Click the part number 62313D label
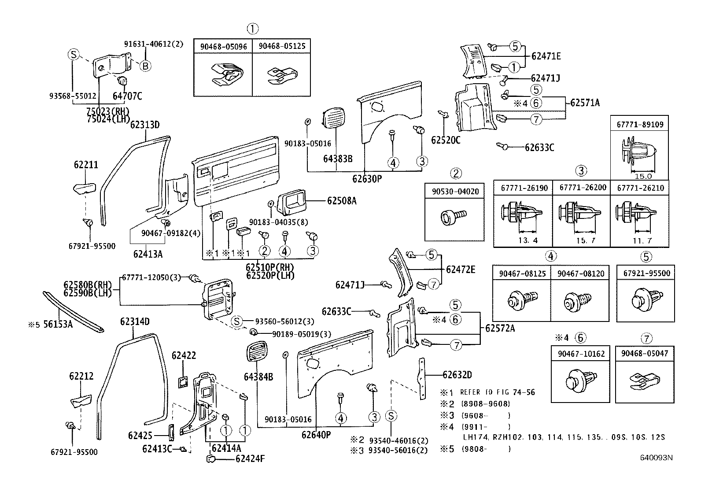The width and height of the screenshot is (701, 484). pyautogui.click(x=144, y=125)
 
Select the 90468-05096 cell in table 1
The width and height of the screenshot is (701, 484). pyautogui.click(x=223, y=46)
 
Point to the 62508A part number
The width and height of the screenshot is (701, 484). pyautogui.click(x=342, y=201)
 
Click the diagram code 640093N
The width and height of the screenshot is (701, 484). pyautogui.click(x=657, y=458)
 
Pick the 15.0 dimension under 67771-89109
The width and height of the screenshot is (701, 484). pyautogui.click(x=643, y=176)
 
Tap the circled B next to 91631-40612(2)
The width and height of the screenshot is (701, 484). pyautogui.click(x=145, y=66)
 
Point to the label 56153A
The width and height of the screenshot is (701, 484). pyautogui.click(x=57, y=325)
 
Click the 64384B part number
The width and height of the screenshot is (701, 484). pyautogui.click(x=258, y=377)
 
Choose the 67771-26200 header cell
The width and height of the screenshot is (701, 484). pyautogui.click(x=581, y=188)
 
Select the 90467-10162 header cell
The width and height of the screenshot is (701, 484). pyautogui.click(x=580, y=354)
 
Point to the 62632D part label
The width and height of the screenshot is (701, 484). pyautogui.click(x=457, y=375)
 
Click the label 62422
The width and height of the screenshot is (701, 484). pyautogui.click(x=184, y=356)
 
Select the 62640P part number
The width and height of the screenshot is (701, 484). pyautogui.click(x=316, y=435)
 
